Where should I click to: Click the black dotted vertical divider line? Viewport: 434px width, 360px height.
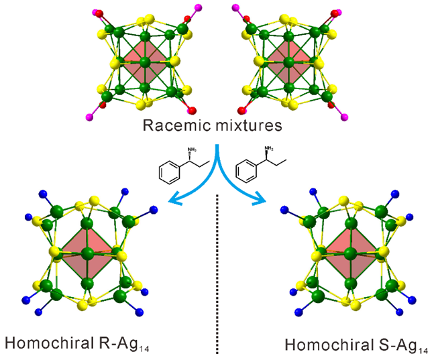(x=217, y=282)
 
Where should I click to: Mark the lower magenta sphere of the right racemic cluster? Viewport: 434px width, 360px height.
(x=345, y=117)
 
